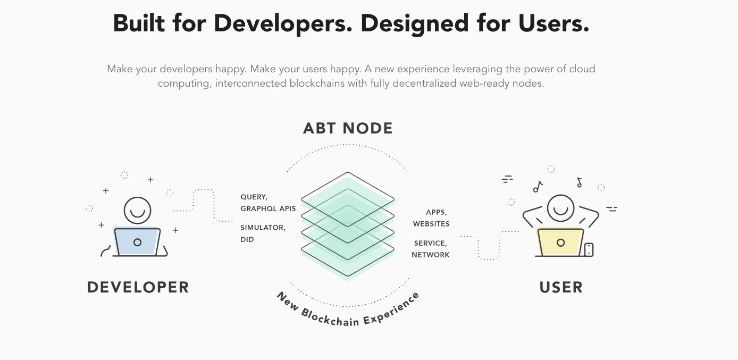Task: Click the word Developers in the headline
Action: click(283, 24)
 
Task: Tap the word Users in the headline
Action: click(553, 24)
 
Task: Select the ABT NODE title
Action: click(348, 128)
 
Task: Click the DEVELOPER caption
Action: click(138, 287)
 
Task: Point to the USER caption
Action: click(561, 287)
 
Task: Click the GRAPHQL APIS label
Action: click(268, 208)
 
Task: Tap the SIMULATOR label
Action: click(263, 228)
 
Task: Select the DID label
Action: click(247, 239)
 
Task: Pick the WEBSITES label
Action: click(431, 224)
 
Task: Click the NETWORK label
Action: click(431, 255)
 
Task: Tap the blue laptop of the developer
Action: click(137, 241)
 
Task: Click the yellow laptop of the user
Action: click(560, 242)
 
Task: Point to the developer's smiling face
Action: click(137, 211)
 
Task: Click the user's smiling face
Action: click(560, 208)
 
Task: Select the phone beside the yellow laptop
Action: click(589, 250)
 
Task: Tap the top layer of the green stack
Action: click(348, 199)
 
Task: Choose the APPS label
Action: click(437, 213)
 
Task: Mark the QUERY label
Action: click(254, 197)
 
